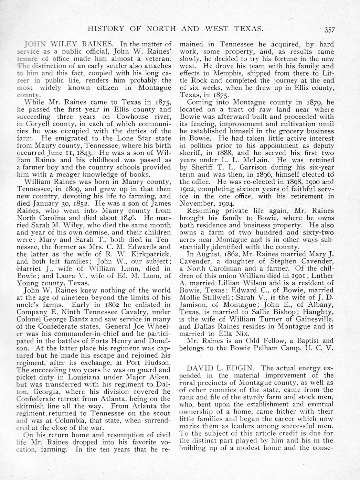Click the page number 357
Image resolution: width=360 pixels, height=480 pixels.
[x=329, y=30]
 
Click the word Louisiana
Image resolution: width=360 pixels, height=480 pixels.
[x=85, y=377]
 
